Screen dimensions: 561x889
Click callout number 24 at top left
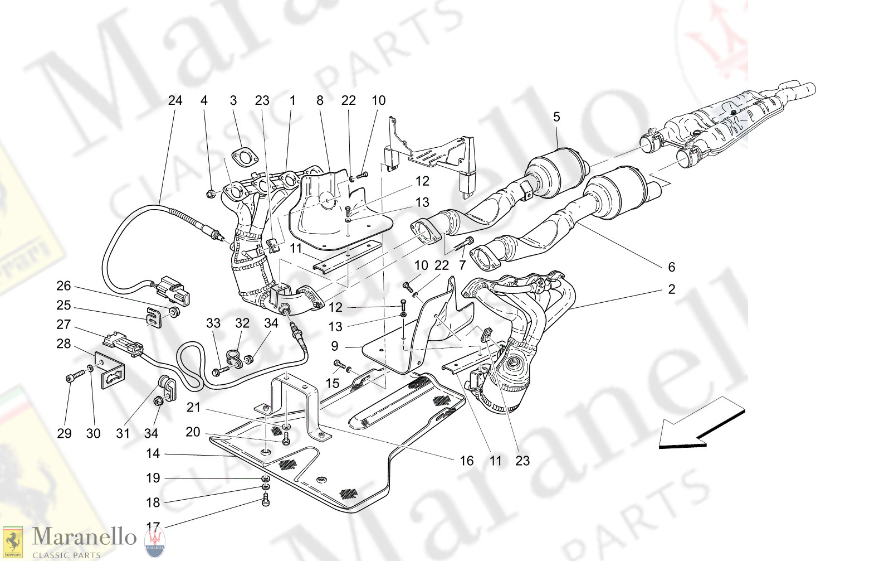175,100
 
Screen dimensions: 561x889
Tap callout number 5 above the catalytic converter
556,117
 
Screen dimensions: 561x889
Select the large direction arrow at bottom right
702,423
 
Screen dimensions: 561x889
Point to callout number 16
466,461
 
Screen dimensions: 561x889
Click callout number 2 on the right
672,289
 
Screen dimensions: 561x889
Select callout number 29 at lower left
64,433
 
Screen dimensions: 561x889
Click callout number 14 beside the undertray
153,454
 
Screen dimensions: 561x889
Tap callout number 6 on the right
672,267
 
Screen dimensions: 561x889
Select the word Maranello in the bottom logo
84,537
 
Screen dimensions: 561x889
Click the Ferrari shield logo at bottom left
12,542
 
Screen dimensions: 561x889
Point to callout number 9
335,346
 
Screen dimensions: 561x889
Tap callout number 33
213,323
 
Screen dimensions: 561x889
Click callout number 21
193,408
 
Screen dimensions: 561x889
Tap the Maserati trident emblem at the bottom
154,542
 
